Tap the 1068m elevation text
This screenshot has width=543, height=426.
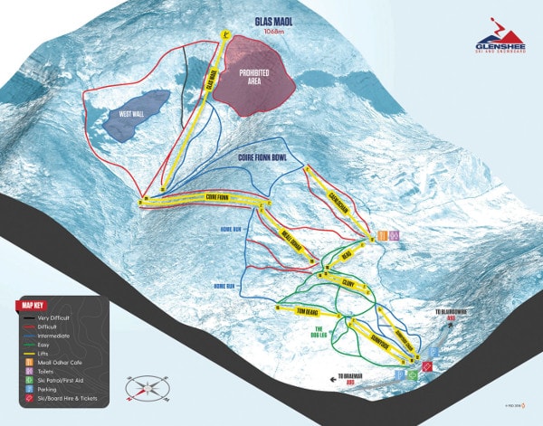tap(267, 33)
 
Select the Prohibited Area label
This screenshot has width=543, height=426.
tap(258, 75)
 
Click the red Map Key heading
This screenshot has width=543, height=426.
tap(34, 305)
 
